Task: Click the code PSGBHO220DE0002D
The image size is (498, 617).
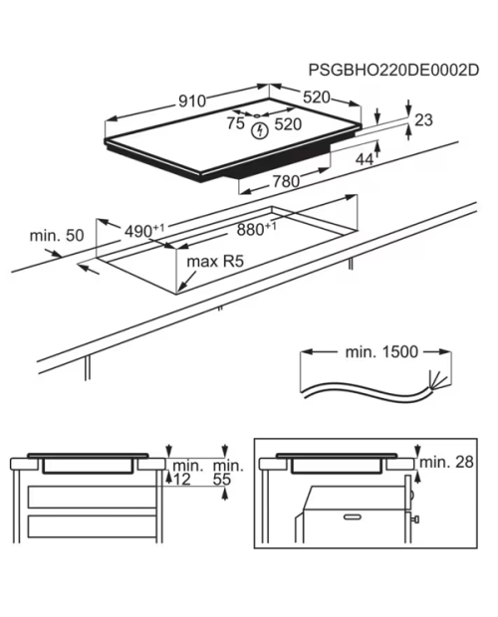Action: [x=393, y=70]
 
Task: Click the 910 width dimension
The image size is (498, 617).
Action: [x=192, y=102]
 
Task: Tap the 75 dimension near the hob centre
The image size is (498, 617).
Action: [x=236, y=123]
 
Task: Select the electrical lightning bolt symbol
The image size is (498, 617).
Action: [x=260, y=130]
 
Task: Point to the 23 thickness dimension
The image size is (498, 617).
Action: [x=423, y=120]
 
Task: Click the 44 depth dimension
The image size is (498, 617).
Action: [x=365, y=159]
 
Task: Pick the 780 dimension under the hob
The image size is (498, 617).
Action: [x=286, y=181]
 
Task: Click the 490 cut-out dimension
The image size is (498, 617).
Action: [x=144, y=231]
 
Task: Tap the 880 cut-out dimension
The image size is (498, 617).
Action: [x=256, y=229]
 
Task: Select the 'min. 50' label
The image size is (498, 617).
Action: [x=57, y=236]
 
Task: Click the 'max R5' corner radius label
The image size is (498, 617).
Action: [x=215, y=261]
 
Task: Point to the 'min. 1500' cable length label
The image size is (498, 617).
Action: [x=381, y=351]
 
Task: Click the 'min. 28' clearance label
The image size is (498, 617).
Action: [x=446, y=462]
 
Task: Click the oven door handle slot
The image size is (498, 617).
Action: [x=354, y=516]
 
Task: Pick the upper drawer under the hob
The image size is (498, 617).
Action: [x=93, y=497]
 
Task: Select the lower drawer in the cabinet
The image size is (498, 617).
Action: [x=93, y=526]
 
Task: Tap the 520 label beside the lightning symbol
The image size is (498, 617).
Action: [x=288, y=124]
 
